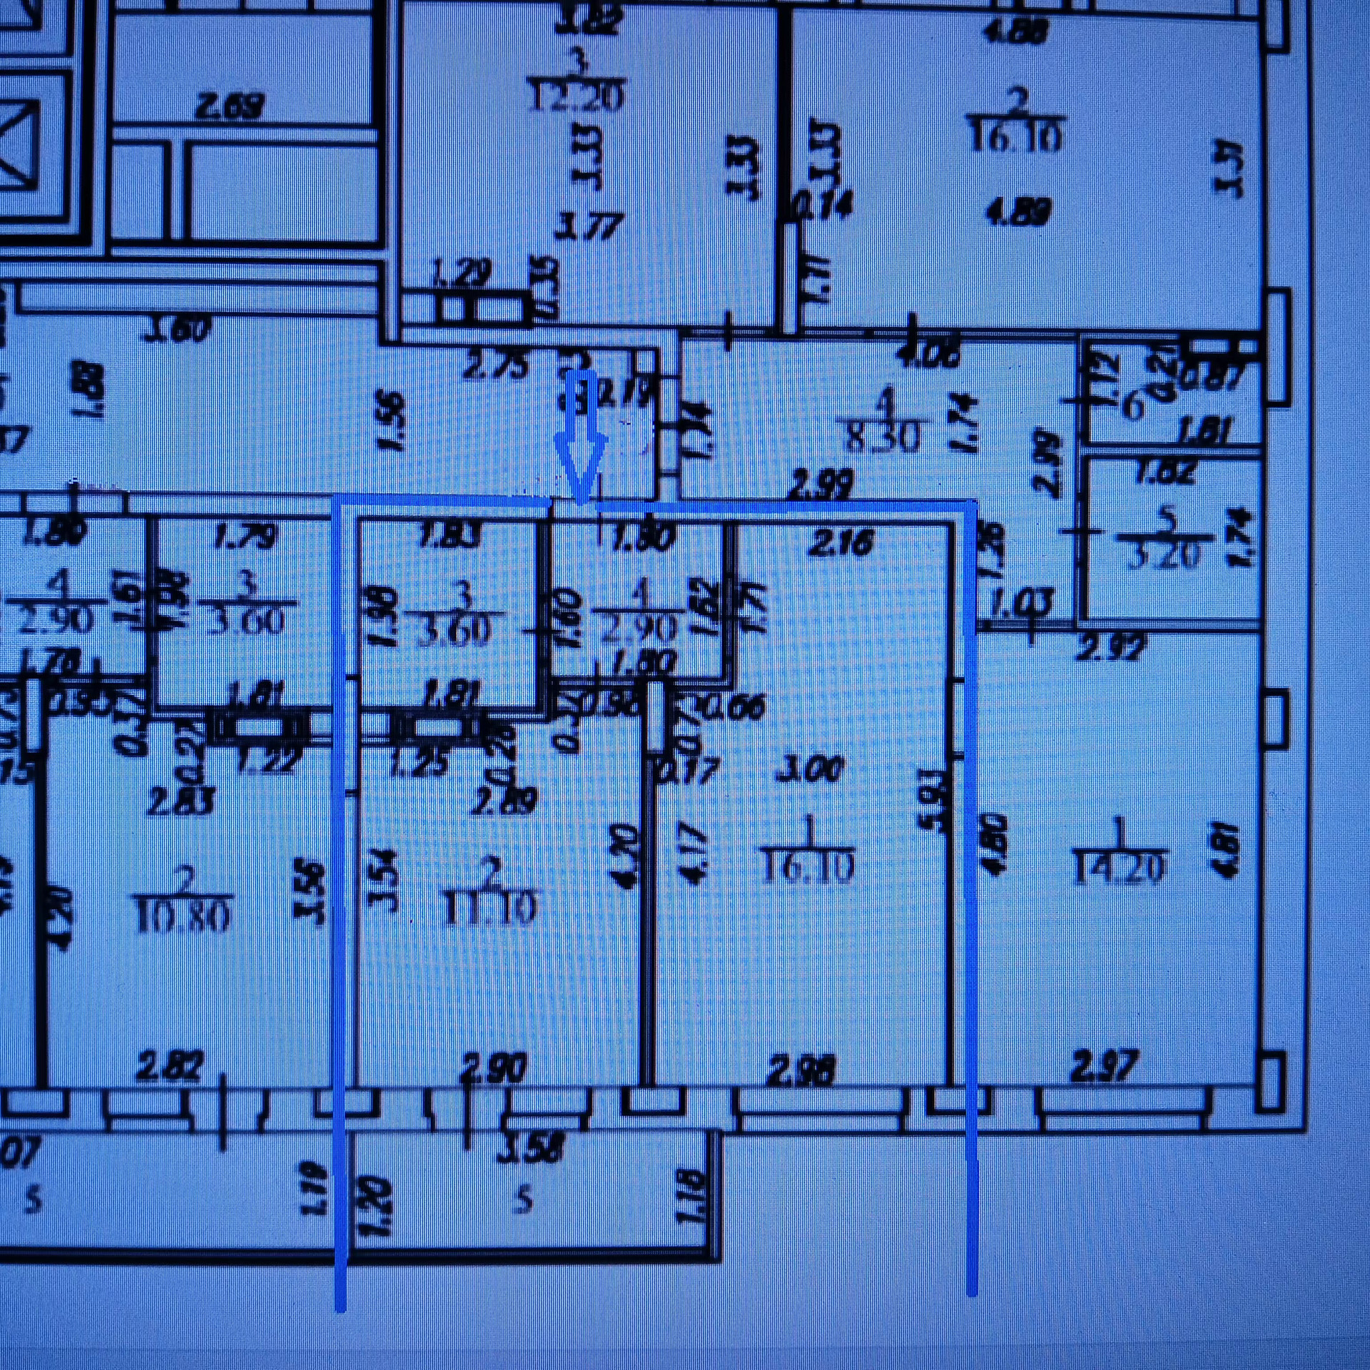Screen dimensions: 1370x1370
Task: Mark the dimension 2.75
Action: click(495, 367)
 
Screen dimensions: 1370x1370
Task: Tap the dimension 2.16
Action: click(841, 543)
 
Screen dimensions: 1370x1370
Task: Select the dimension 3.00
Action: click(809, 770)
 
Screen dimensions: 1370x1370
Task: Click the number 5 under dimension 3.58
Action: click(524, 1201)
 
